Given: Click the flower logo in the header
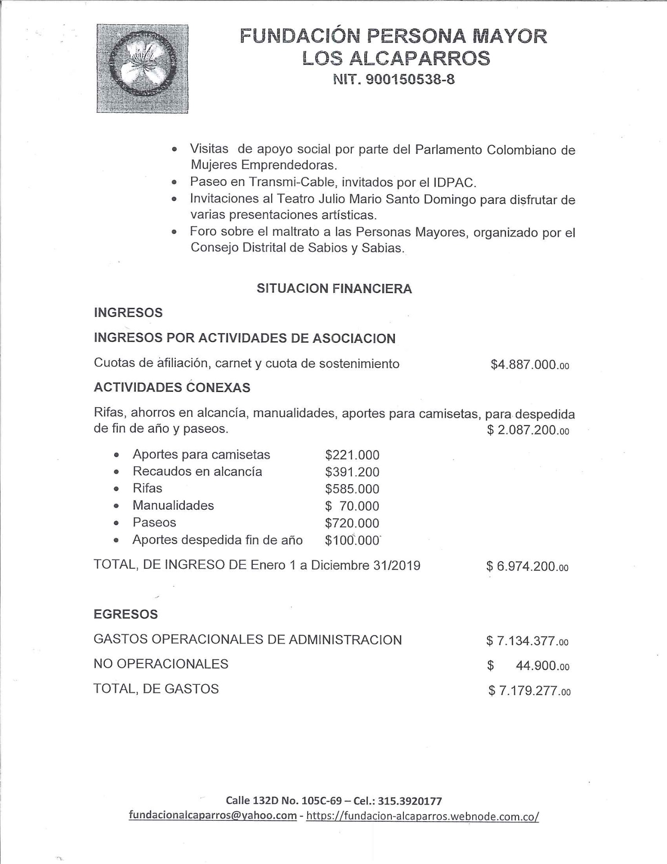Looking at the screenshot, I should coord(142,68).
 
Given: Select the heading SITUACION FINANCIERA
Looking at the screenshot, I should coord(334,288).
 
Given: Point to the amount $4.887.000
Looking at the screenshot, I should coord(529,364).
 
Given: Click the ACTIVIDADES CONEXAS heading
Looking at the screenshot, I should coord(172,388).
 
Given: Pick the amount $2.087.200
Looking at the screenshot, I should coord(528,431).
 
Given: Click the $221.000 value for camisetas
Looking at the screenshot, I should coord(352,455).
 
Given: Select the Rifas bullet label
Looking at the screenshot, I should coord(147,488).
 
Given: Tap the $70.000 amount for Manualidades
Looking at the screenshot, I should coord(352,506).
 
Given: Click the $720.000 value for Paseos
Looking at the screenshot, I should coord(352,523).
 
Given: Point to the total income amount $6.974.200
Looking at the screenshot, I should coord(527,567).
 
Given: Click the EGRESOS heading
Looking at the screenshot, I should coord(125,614).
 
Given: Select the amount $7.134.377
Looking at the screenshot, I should coord(527,641).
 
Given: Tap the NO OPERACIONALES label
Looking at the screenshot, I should coord(161,664).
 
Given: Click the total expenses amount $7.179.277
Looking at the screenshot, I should coord(529,691).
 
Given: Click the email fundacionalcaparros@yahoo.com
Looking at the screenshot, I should coord(212,815).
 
